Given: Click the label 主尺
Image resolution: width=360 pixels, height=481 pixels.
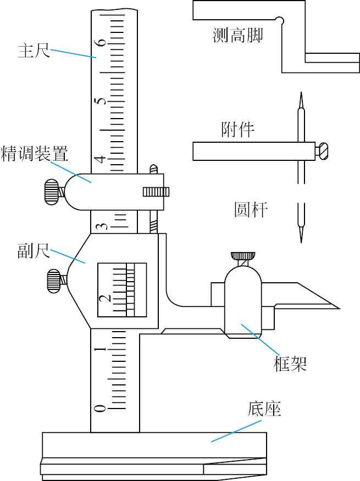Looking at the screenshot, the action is click(x=34, y=51).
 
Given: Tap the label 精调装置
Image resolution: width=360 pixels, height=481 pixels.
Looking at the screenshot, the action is click(x=34, y=154).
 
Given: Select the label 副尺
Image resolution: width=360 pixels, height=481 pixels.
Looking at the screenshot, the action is click(x=34, y=250).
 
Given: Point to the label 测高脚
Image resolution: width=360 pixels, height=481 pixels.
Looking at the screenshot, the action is click(x=238, y=35).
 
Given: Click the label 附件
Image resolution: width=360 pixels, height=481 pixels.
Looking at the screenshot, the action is click(x=238, y=129).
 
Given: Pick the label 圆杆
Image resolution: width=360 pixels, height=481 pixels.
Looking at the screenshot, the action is click(x=251, y=210).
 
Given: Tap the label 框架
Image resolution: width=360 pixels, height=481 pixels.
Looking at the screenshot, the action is click(x=290, y=363).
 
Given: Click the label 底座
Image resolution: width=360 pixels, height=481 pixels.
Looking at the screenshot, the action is click(x=264, y=409).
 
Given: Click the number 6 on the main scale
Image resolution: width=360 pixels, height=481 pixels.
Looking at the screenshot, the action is click(x=102, y=41).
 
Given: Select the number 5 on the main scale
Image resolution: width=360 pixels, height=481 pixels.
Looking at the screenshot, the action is click(x=102, y=100).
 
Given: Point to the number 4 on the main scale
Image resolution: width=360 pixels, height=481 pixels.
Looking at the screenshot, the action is click(x=101, y=159).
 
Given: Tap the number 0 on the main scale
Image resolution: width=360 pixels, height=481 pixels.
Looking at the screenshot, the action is click(x=100, y=408).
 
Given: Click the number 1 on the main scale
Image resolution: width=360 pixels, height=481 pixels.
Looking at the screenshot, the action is click(x=101, y=349).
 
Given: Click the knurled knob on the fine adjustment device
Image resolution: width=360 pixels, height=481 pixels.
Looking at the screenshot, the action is click(x=51, y=192).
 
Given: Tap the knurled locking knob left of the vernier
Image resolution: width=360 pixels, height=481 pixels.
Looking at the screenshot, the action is click(x=54, y=281).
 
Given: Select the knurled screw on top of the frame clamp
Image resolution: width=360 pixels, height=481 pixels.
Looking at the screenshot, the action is click(x=243, y=255).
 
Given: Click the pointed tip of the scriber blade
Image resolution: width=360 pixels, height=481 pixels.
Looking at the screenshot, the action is click(x=340, y=308).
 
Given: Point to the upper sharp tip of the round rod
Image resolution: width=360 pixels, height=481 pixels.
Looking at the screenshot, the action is click(x=301, y=93).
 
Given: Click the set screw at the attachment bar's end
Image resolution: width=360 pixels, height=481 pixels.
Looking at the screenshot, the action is click(x=323, y=152).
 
